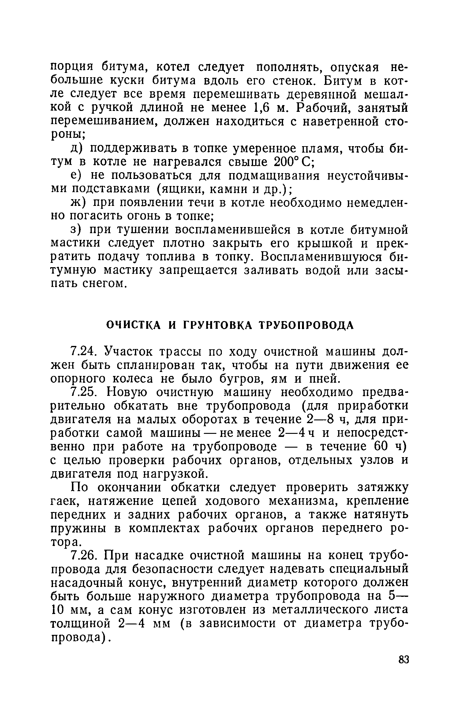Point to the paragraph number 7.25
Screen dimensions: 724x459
[84, 392]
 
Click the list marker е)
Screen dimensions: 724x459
[75, 176]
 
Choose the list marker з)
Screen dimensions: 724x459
[75, 230]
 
